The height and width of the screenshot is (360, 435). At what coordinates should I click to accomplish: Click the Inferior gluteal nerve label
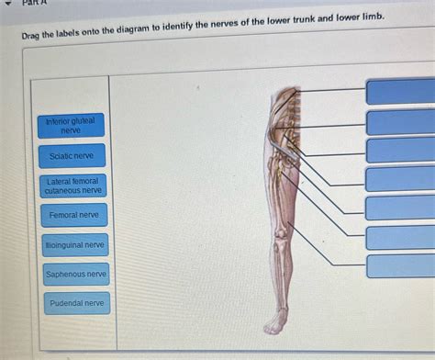72,126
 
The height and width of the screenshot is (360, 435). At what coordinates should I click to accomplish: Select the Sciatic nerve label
72,156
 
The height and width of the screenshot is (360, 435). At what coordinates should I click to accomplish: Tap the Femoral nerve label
73,215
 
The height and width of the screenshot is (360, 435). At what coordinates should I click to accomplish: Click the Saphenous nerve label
76,274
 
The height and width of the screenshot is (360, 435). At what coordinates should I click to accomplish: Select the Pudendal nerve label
76,303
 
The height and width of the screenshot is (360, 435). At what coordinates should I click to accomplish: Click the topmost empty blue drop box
401,92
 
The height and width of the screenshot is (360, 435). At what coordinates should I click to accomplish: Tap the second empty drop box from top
401,122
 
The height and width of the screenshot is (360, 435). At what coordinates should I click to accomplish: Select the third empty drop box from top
401,150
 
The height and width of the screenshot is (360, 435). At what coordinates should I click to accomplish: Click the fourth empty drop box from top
401,178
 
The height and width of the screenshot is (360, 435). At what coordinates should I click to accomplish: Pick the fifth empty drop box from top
401,208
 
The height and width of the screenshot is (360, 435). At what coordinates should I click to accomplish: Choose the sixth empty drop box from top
401,237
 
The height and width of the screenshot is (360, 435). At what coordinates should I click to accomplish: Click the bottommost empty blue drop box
401,265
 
